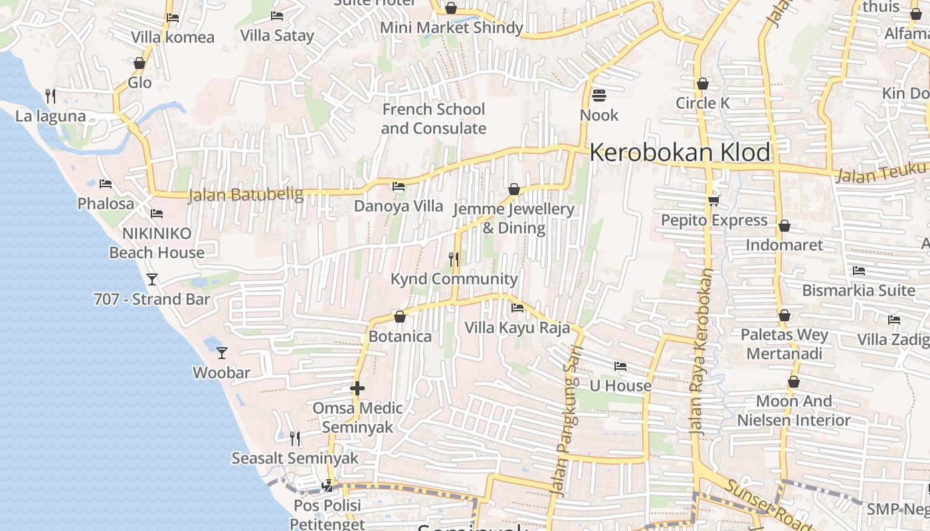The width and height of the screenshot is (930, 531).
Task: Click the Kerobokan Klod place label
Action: pyautogui.click(x=680, y=153)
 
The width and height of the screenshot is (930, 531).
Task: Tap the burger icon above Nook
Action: pyautogui.click(x=599, y=96)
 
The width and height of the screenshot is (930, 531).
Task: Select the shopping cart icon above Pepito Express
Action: pyautogui.click(x=713, y=200)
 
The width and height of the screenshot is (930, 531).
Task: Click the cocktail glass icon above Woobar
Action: pyautogui.click(x=222, y=352)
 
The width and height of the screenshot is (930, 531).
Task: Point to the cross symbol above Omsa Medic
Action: pyautogui.click(x=357, y=388)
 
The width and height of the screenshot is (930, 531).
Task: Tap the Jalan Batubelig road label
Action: pyautogui.click(x=246, y=194)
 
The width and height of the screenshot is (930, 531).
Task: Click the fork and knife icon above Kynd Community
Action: pyautogui.click(x=454, y=259)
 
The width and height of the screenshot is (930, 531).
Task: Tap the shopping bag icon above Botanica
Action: pyautogui.click(x=399, y=317)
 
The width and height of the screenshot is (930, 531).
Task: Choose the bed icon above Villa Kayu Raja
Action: pyautogui.click(x=517, y=307)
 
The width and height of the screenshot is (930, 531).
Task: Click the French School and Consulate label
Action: pyautogui.click(x=434, y=119)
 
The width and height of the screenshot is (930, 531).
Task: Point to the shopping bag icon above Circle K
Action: pyautogui.click(x=702, y=84)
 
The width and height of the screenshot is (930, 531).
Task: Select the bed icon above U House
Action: pyautogui.click(x=620, y=366)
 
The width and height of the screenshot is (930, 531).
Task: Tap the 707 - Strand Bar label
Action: pyautogui.click(x=151, y=299)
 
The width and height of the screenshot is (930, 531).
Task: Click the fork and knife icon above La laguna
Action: pyautogui.click(x=50, y=96)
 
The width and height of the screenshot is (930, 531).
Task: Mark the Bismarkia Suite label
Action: pyautogui.click(x=858, y=290)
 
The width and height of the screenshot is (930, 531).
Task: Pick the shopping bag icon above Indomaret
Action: pyautogui.click(x=784, y=226)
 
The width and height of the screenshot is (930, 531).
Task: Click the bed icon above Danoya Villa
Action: pyautogui.click(x=398, y=187)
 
